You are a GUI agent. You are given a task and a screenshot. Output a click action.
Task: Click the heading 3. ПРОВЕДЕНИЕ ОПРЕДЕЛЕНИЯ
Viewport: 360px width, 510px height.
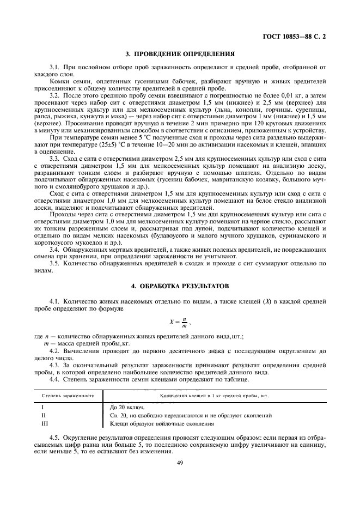(180, 54)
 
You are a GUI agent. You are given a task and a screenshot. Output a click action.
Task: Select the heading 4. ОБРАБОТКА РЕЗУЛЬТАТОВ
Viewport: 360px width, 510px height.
(180, 286)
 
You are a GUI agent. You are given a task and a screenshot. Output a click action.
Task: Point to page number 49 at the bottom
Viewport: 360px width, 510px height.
(180, 463)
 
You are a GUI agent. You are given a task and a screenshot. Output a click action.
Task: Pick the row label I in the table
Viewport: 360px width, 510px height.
(43, 407)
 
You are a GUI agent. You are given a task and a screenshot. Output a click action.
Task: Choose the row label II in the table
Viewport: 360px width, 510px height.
(44, 415)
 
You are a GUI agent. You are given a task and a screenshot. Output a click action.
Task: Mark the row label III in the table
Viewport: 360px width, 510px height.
(45, 423)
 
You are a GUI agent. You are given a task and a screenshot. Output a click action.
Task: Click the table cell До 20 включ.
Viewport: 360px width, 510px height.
(127, 407)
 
